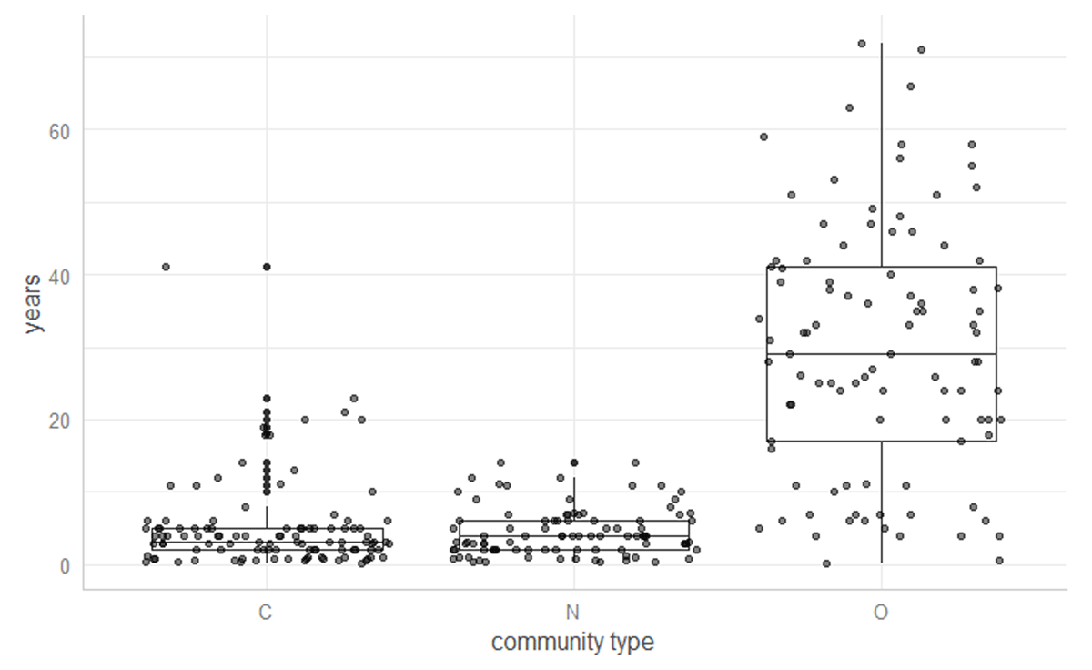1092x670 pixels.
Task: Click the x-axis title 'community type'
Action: tap(572, 643)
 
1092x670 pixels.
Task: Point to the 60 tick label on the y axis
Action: tap(60, 129)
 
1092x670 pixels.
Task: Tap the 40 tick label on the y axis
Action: tap(60, 275)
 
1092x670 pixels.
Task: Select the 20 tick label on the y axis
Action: tap(60, 420)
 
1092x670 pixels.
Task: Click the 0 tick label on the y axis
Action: tap(65, 565)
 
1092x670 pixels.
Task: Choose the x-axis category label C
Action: tap(265, 613)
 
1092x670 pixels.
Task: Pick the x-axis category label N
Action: tap(574, 613)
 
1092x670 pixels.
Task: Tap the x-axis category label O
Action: tap(881, 613)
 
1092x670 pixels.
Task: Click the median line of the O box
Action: tap(881, 353)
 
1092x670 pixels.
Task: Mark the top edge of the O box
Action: tap(881, 267)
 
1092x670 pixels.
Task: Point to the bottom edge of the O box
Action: tap(881, 441)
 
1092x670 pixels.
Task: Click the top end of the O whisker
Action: tap(881, 44)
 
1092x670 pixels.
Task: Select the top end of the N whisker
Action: tap(574, 478)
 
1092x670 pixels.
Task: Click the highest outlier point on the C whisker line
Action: tap(267, 267)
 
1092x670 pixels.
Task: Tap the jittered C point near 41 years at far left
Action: tap(166, 267)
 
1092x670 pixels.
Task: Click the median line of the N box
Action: tap(574, 535)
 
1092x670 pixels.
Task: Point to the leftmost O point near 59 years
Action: tap(763, 137)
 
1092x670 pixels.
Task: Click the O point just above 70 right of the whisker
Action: tap(921, 49)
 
